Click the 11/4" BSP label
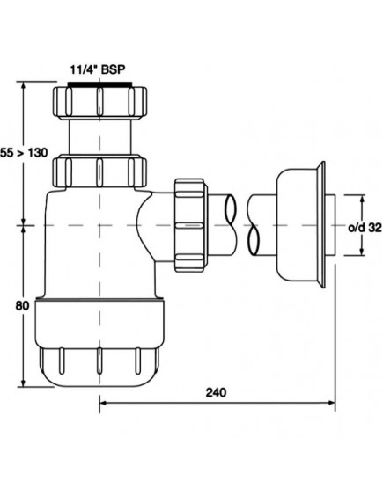(99, 66)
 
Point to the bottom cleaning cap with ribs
(98, 361)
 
